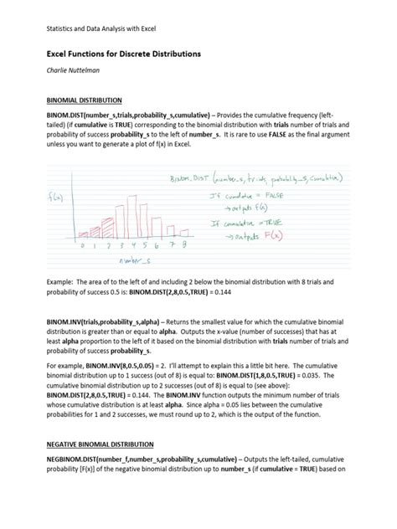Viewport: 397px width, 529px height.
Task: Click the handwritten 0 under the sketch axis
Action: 84,246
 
